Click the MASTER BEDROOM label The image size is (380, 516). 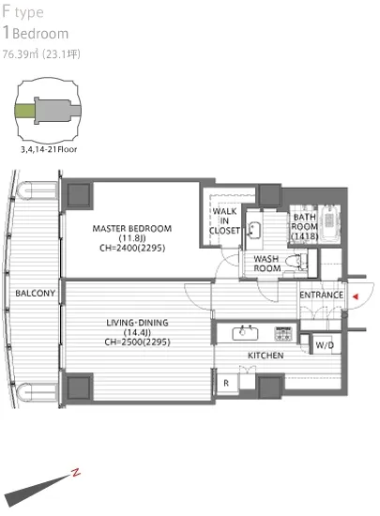click(x=132, y=228)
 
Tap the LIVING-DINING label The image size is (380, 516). click(x=137, y=323)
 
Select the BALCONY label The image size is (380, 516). click(x=36, y=293)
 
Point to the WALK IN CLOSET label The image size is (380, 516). click(x=224, y=220)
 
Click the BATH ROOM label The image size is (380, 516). click(x=305, y=226)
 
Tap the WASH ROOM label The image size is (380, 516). click(x=266, y=264)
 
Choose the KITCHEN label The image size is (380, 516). click(x=266, y=356)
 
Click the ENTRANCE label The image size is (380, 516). click(x=321, y=295)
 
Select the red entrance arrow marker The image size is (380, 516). click(x=356, y=296)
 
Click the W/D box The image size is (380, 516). click(x=326, y=344)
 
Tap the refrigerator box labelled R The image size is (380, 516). click(x=226, y=383)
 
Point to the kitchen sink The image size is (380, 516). click(x=245, y=333)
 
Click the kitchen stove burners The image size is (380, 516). click(x=283, y=333)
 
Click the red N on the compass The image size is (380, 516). click(x=76, y=473)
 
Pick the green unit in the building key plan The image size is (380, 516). click(x=24, y=111)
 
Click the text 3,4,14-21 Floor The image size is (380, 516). click(x=49, y=149)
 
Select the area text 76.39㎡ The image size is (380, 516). click(x=21, y=54)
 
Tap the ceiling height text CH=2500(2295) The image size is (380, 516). click(x=137, y=341)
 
